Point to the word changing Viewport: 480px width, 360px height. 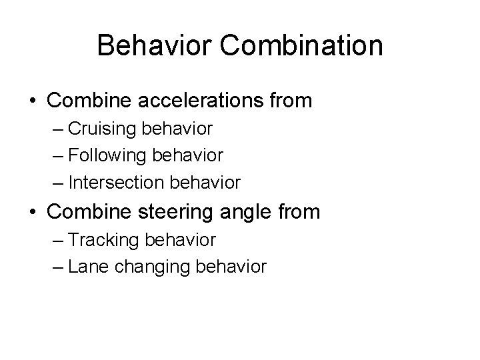141,267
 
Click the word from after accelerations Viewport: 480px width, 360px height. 289,101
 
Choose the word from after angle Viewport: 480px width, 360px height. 297,213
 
